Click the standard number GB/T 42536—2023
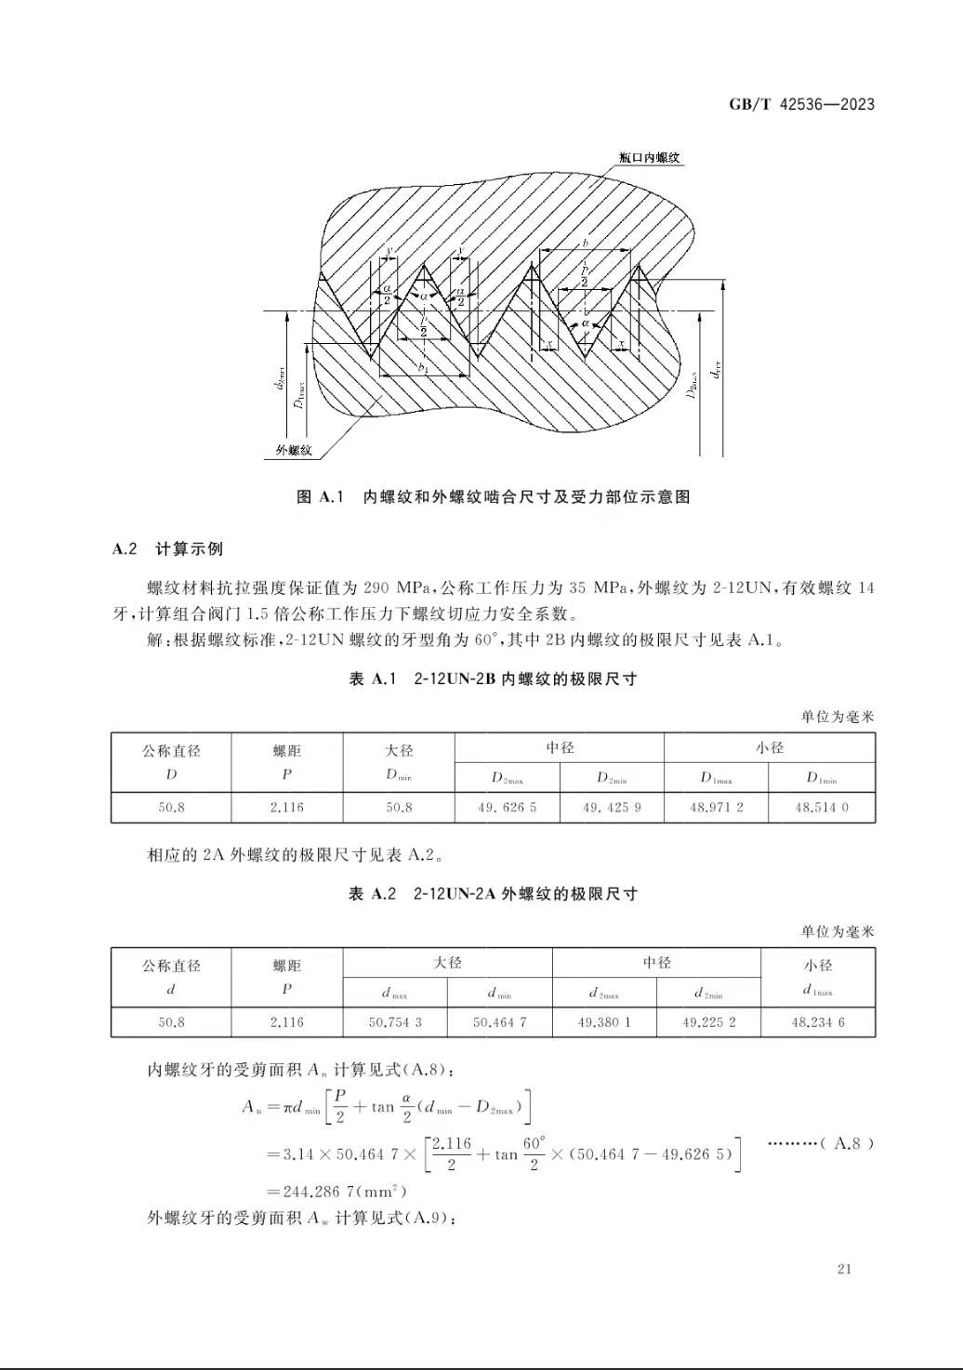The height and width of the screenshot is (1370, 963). coord(801,104)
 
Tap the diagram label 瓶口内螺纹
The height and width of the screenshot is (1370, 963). coord(650,158)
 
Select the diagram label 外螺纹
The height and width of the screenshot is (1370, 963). coord(293,451)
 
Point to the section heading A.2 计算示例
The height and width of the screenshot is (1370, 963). coord(167,548)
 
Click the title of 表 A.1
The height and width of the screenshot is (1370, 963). coord(493,679)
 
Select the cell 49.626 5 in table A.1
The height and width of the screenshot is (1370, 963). coord(507,808)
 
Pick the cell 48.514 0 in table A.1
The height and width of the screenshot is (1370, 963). coord(822,808)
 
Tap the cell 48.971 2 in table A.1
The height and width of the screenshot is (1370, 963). coord(716,808)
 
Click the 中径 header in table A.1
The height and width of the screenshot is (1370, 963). coord(560,748)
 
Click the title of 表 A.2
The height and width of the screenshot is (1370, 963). coord(493,894)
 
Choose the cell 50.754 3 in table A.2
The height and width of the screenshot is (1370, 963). coord(395,1022)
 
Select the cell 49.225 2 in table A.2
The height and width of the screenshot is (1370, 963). coord(708,1022)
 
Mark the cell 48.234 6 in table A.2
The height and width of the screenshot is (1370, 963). coord(818,1022)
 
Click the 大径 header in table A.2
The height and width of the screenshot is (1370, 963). coord(448,963)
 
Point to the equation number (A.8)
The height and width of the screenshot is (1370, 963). coord(847,1143)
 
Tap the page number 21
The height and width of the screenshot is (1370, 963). coord(844,1270)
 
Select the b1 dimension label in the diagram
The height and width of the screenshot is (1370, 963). coord(423,368)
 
